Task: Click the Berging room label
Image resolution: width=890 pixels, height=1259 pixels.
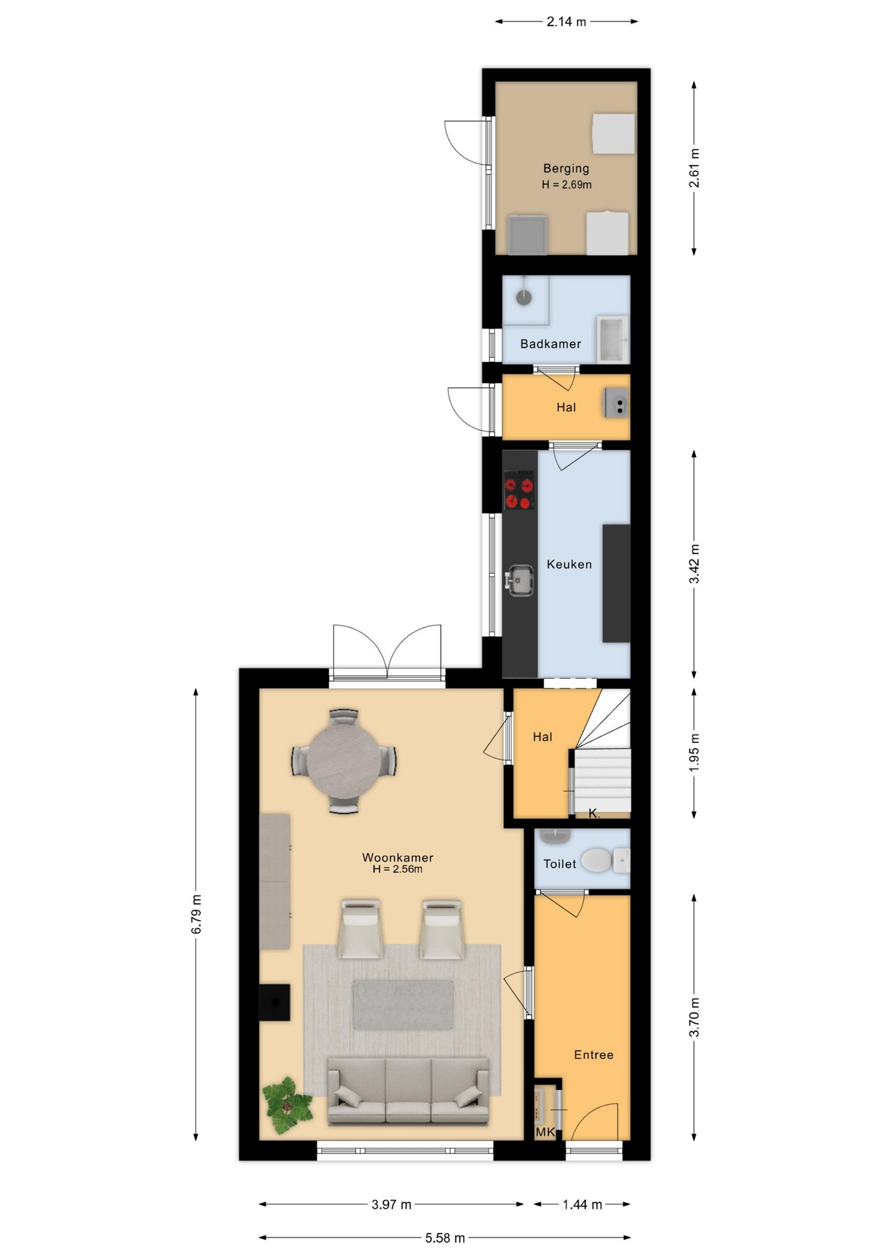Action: (x=566, y=169)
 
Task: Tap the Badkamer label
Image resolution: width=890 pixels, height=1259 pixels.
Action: (x=551, y=344)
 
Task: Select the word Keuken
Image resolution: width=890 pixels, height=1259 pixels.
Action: (x=569, y=564)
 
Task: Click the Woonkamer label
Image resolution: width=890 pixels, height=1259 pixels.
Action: (x=398, y=857)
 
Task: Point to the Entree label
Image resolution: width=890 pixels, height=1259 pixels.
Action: (x=594, y=1054)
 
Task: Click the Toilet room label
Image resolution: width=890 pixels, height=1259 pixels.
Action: (x=560, y=864)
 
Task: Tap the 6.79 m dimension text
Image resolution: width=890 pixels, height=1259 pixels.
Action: (x=197, y=914)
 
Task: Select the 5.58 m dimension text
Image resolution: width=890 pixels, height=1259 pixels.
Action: (x=445, y=1238)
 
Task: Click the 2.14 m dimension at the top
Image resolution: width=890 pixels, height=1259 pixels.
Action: (x=566, y=22)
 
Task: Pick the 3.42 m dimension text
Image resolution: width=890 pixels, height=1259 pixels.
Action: (x=695, y=564)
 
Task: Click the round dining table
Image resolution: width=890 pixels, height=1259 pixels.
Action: (x=343, y=761)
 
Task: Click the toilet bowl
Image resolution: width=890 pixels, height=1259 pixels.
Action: (x=598, y=860)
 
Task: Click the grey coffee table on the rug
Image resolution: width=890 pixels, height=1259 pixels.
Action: (x=403, y=1005)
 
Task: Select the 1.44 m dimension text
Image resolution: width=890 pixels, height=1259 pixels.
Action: (x=582, y=1205)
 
